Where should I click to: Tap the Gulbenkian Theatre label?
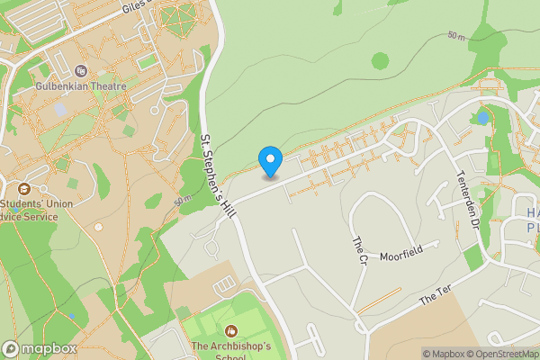[79, 88]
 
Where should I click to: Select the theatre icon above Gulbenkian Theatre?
[81, 71]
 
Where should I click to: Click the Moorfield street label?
[400, 256]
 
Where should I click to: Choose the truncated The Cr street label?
[358, 249]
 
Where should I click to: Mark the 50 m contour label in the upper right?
[457, 37]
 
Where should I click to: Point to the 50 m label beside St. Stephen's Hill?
[184, 199]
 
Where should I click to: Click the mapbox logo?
[40, 348]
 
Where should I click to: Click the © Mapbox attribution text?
[445, 354]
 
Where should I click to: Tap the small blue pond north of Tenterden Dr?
[484, 117]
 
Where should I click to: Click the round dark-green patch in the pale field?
[381, 61]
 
